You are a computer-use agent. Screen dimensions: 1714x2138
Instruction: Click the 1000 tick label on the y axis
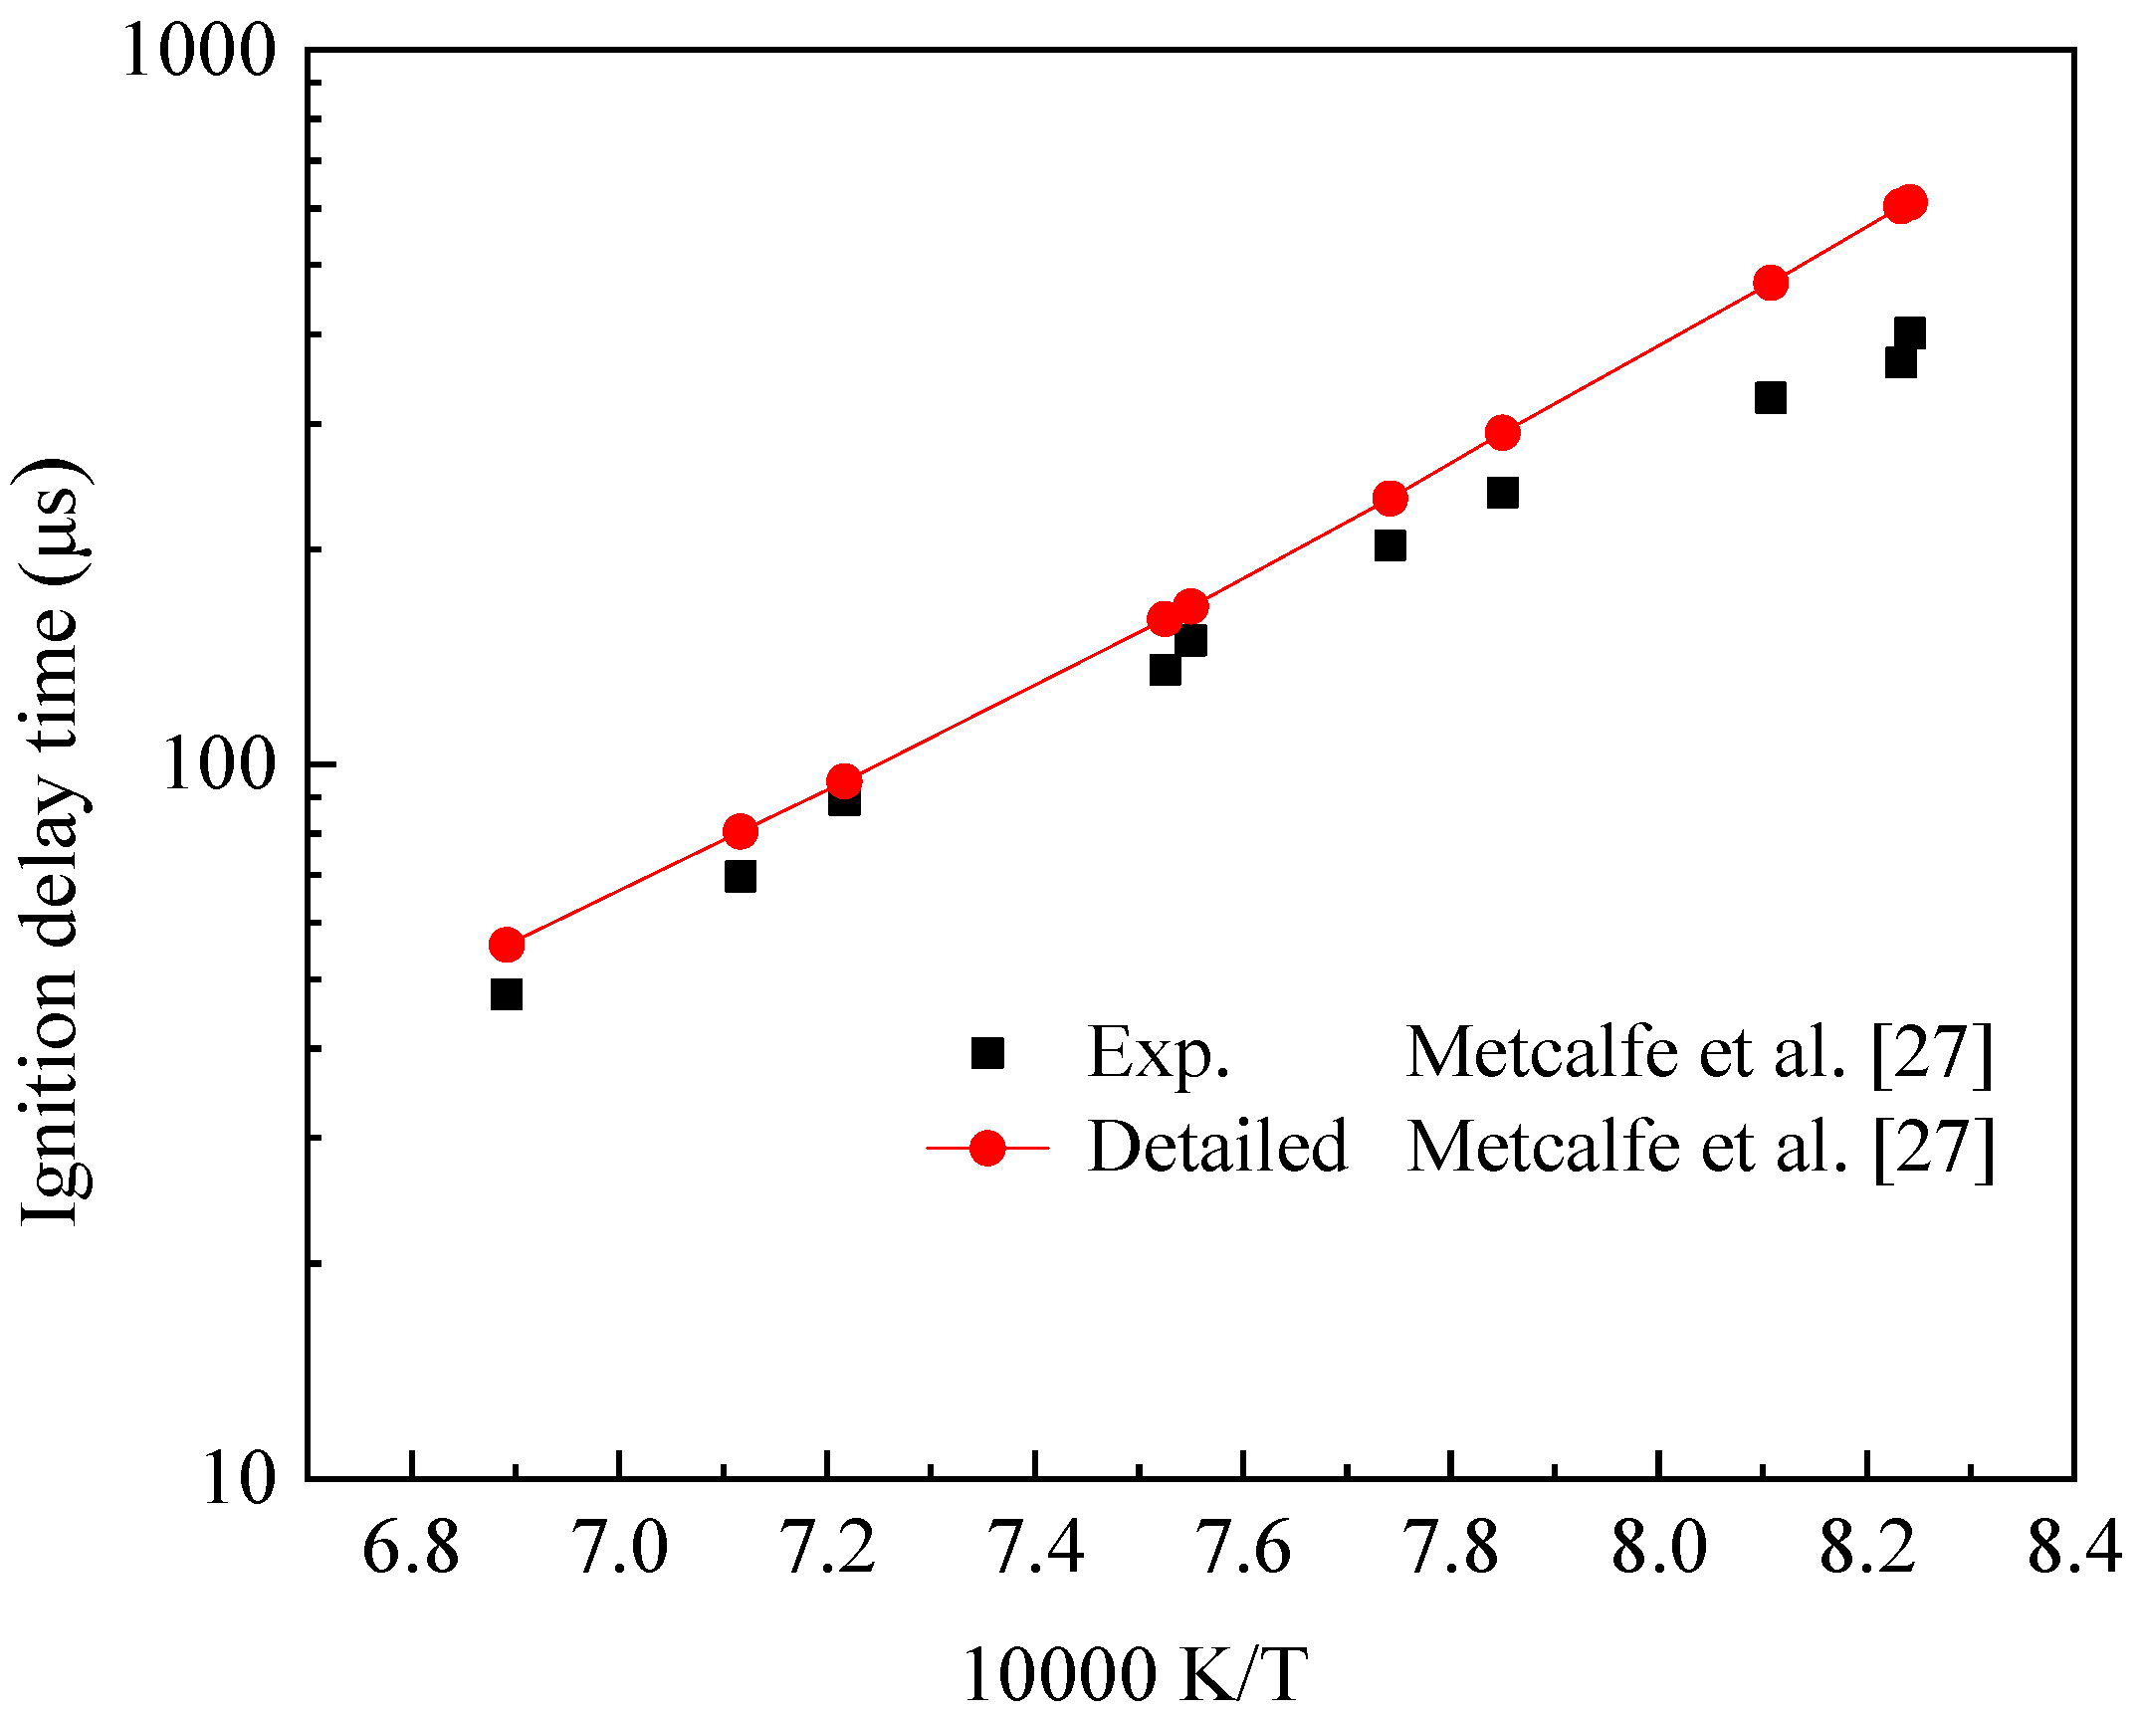(x=198, y=51)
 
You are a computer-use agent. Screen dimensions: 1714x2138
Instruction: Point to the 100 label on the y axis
(x=218, y=766)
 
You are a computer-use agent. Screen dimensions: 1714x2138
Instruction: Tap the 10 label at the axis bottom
(x=238, y=1479)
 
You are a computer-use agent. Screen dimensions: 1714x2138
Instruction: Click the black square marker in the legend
(x=987, y=1053)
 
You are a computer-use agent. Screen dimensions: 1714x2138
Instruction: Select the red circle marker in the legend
(x=987, y=1148)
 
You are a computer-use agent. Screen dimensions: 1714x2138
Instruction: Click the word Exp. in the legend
(x=1159, y=1053)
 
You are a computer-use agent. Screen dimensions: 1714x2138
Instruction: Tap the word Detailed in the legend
(x=1217, y=1148)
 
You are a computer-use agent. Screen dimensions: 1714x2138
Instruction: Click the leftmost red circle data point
(x=507, y=945)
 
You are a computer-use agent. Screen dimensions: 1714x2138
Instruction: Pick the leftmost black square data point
(x=507, y=994)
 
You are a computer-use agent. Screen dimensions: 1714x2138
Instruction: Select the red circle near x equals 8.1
(x=1770, y=283)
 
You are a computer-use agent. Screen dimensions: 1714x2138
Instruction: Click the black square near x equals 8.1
(x=1770, y=398)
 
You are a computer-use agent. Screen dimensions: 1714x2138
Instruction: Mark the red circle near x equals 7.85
(x=1503, y=432)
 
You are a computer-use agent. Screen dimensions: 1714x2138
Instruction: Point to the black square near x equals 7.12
(x=741, y=877)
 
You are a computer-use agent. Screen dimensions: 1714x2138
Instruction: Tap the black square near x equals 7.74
(x=1390, y=545)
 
